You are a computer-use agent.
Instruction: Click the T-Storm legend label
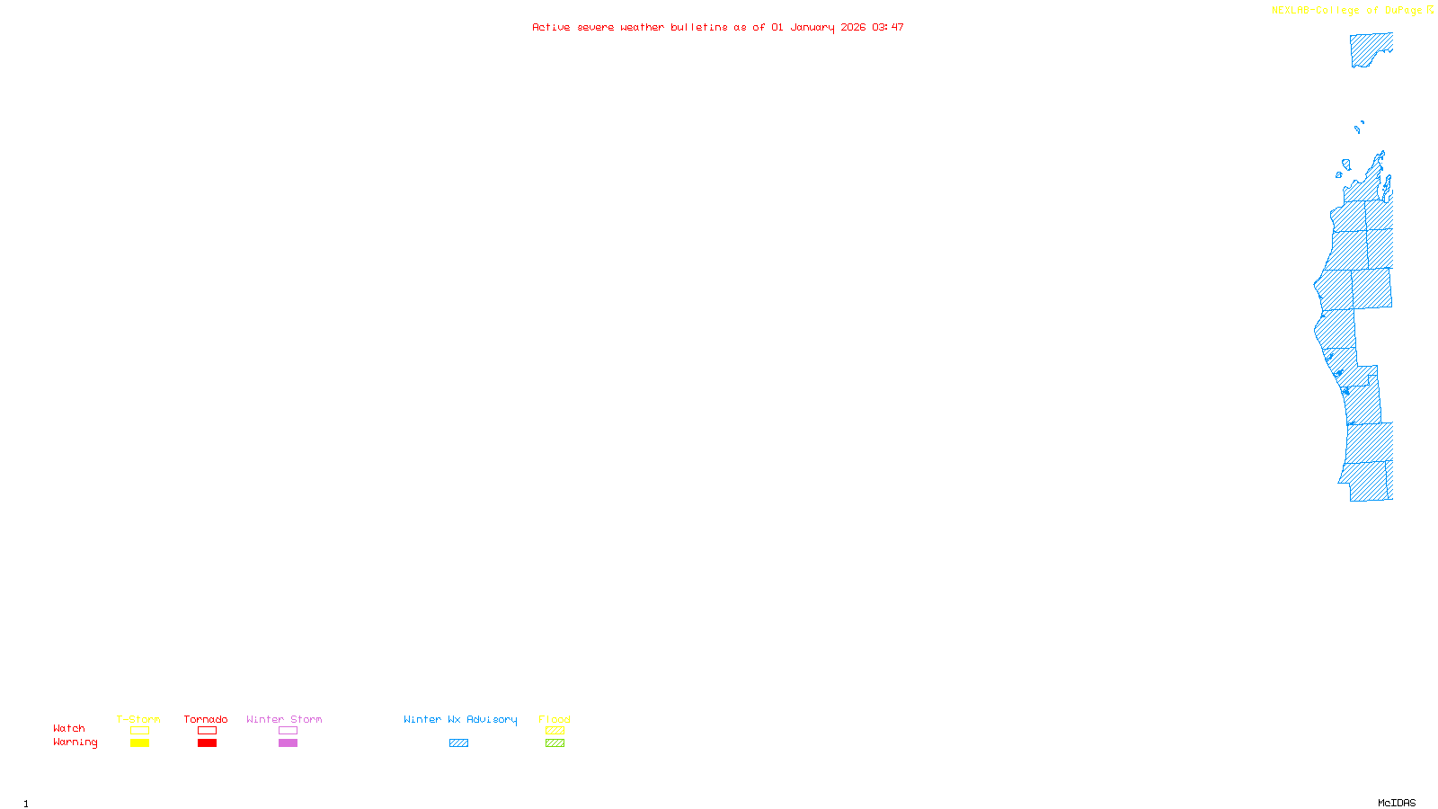coord(138,719)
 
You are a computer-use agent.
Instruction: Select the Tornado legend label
coord(206,719)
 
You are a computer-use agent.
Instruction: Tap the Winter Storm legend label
coord(284,719)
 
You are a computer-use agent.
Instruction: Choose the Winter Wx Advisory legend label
coord(460,719)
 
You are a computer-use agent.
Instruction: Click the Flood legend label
coord(555,719)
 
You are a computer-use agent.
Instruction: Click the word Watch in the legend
coord(69,728)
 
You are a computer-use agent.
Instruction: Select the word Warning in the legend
coord(75,742)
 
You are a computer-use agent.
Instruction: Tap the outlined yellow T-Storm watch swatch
coord(139,731)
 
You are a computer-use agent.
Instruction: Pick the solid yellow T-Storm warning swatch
coord(139,743)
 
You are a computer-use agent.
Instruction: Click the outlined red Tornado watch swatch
coord(207,731)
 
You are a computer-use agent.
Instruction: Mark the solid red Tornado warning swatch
coord(207,743)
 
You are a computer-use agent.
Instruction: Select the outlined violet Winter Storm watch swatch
coord(288,731)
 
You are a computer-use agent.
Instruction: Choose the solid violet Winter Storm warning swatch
coord(288,743)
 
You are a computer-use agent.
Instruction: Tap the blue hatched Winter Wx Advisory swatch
coord(458,743)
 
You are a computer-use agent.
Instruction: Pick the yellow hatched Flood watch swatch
coord(555,731)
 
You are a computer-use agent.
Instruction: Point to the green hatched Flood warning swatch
coord(555,743)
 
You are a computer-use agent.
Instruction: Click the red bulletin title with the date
coord(718,27)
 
